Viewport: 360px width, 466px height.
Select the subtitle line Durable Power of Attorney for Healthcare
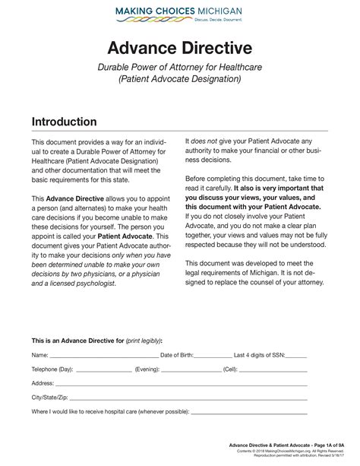[x=179, y=67]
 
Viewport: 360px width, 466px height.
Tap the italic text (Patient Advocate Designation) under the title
[x=179, y=79]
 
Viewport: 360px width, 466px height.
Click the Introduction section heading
[x=64, y=122]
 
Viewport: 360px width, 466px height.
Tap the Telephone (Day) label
[x=52, y=369]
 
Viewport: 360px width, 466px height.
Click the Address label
[x=43, y=383]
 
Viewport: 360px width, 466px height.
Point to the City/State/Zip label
[x=49, y=398]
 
